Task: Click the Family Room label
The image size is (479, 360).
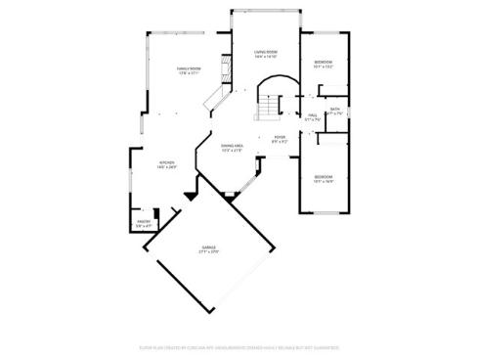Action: pos(188,68)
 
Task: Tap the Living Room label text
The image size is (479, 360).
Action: pos(266,52)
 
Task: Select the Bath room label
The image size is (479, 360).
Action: pos(334,109)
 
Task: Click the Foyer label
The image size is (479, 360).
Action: pos(280,137)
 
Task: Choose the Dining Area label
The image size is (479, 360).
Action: pos(233,146)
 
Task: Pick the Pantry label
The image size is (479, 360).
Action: pos(143,222)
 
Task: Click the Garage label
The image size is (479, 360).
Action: pos(208,247)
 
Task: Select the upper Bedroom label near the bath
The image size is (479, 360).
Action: pos(323,63)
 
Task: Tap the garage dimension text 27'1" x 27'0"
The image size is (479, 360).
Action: pos(208,252)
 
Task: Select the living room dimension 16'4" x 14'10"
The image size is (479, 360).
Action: pos(266,57)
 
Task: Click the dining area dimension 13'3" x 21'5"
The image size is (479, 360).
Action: pos(233,151)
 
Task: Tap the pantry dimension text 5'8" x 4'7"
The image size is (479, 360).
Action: pos(143,227)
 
